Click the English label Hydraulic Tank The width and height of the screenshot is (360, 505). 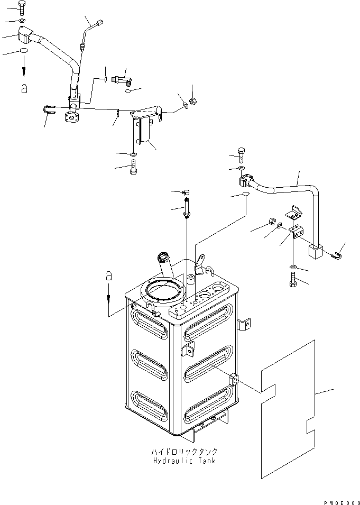point(184,461)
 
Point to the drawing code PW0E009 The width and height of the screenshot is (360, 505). point(342,502)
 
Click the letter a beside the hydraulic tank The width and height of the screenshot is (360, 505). point(109,276)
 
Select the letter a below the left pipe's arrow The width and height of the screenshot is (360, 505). point(24,88)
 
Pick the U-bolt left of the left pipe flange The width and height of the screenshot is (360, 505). point(50,110)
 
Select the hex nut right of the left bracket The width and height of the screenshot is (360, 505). point(193,101)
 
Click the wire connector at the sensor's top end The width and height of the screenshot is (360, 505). point(99,23)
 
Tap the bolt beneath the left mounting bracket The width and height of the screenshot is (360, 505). point(133,167)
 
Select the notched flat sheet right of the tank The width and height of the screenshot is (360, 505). point(288,409)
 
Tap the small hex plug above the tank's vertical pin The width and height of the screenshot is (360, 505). point(186,192)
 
